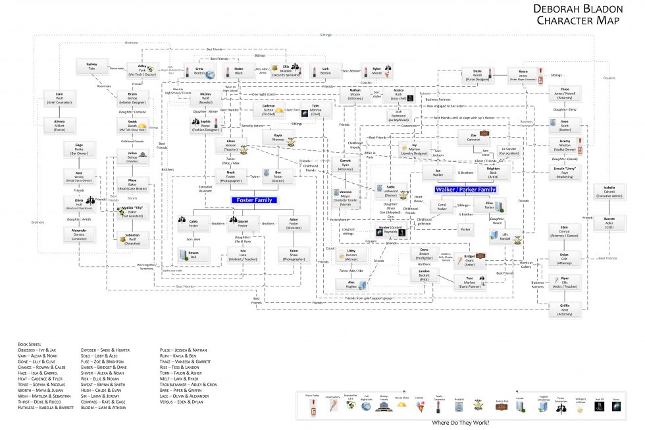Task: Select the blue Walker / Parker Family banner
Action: pos(465,190)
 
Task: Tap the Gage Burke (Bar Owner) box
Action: pos(79,149)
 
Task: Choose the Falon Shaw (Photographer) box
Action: pos(294,254)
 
